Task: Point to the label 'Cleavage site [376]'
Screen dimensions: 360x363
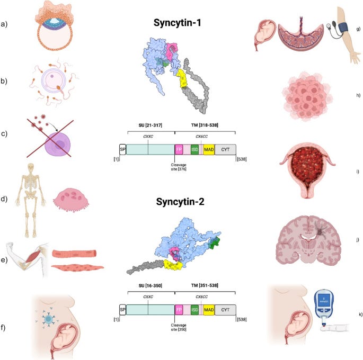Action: (175, 167)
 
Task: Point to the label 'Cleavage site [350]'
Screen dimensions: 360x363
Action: (175, 326)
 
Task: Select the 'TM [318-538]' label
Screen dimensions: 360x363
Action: (204, 127)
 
